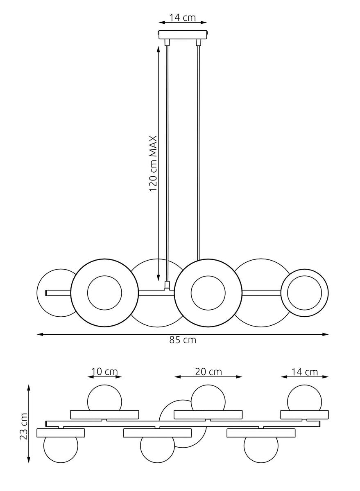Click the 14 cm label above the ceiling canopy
point(183,18)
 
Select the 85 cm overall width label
point(183,340)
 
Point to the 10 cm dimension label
point(104,372)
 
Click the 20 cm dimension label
point(208,372)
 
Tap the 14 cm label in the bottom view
point(304,372)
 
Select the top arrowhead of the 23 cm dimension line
point(29,387)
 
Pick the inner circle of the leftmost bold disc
point(104,293)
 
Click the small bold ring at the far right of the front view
point(304,293)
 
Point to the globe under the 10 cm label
point(104,398)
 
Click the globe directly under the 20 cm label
point(208,398)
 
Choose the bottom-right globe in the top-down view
point(261,449)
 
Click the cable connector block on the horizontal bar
point(167,285)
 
